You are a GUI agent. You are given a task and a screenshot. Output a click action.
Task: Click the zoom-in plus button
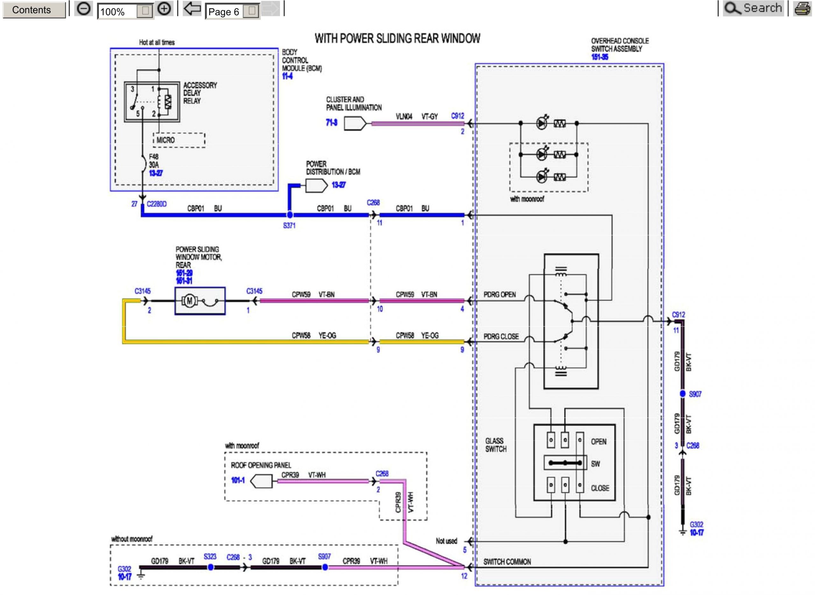(164, 9)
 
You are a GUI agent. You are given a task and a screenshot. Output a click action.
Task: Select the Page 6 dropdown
(232, 11)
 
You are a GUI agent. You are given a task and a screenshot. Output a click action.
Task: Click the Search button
(753, 8)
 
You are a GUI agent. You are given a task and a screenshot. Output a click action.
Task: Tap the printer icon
(802, 9)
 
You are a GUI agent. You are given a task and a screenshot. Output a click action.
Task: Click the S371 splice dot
(290, 215)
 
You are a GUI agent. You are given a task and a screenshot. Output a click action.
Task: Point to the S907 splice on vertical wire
(683, 394)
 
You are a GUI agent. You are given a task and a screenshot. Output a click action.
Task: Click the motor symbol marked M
(189, 301)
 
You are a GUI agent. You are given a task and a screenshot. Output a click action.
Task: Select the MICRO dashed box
(179, 140)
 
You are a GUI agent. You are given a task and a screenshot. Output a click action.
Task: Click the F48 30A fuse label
(154, 161)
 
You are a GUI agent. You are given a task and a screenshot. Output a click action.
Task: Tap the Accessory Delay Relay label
(200, 93)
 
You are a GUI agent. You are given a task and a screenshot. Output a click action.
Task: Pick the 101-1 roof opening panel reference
(237, 480)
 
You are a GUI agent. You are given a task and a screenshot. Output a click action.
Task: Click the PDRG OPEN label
(499, 295)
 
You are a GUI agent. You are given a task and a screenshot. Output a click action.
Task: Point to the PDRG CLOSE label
(501, 336)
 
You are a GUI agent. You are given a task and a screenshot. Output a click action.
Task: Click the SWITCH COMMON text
(507, 562)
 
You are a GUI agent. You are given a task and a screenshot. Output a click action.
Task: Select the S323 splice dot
(210, 567)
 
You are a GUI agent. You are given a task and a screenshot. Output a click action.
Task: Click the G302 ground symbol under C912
(683, 531)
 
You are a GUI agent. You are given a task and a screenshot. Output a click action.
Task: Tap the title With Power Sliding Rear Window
(397, 39)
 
